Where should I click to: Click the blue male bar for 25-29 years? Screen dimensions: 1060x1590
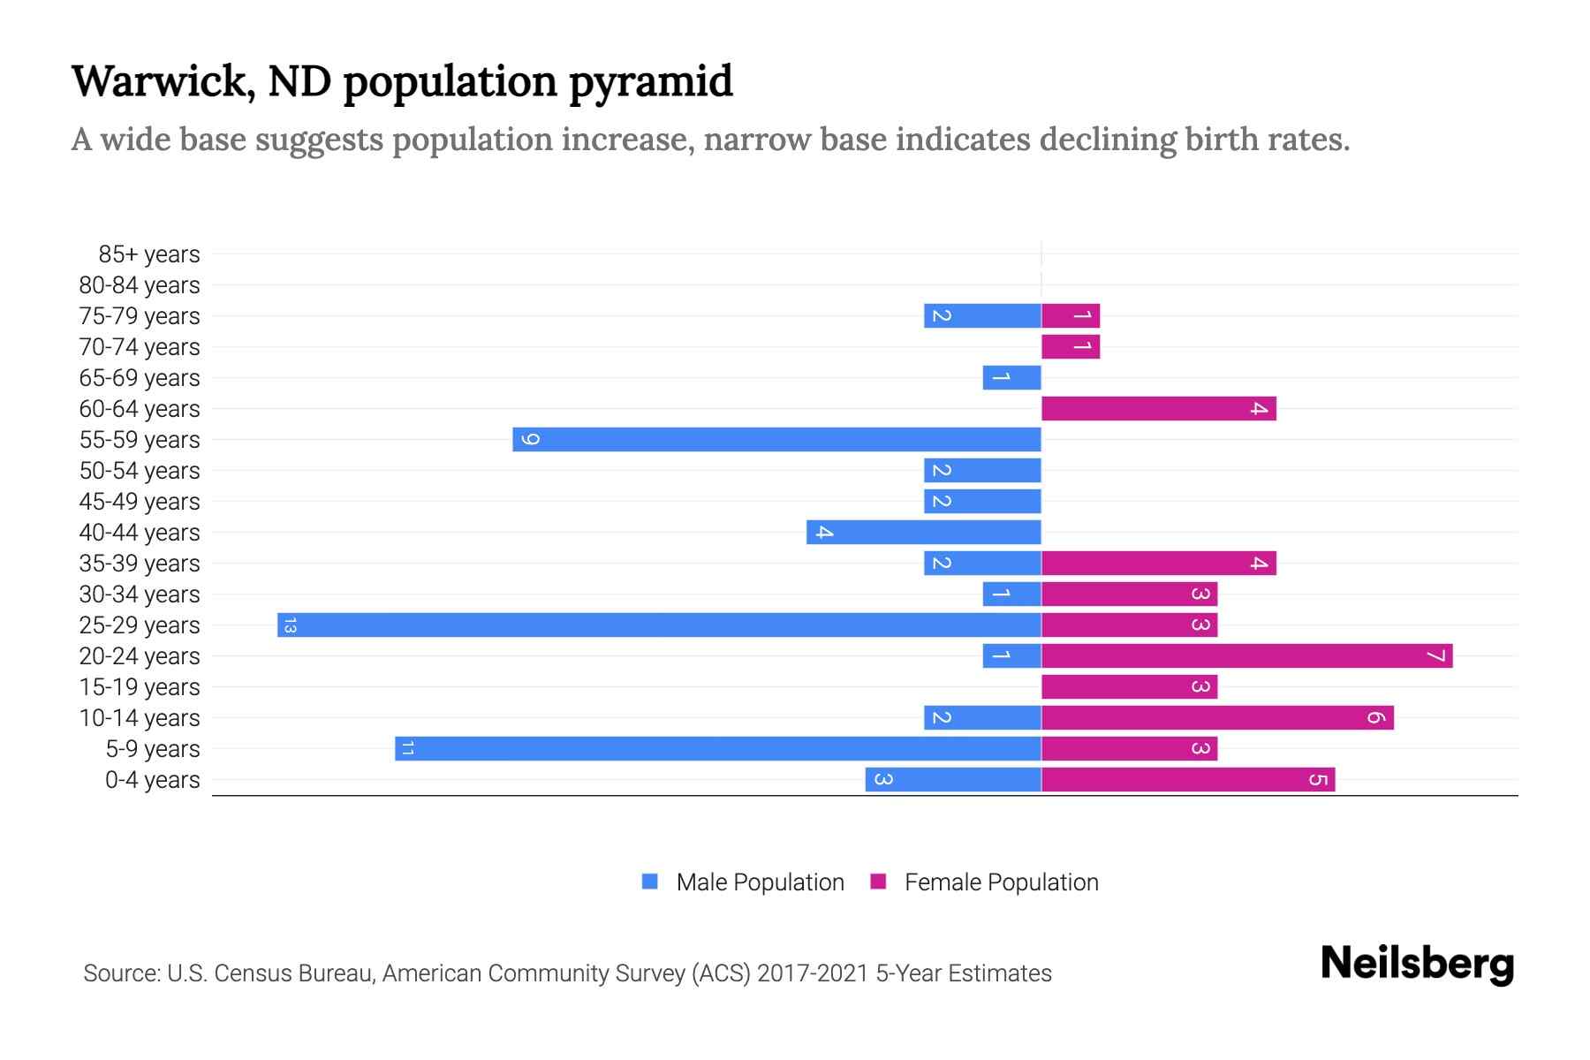coord(659,625)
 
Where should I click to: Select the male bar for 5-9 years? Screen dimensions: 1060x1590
coord(717,749)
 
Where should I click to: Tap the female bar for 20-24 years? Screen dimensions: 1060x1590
coord(1246,656)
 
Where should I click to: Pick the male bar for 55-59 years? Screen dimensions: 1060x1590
coord(776,440)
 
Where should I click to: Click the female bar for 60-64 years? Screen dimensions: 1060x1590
coord(1158,409)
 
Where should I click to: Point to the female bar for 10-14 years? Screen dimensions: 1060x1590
coord(1217,718)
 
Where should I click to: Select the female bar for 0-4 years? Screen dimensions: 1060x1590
coord(1188,780)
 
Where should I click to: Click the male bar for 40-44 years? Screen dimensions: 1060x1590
coord(923,533)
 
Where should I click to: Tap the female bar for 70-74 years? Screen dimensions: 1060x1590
coord(1071,347)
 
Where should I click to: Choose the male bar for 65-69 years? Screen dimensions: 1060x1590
coord(1011,378)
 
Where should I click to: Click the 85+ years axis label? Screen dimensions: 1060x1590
coord(148,254)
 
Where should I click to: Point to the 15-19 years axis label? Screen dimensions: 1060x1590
coord(140,687)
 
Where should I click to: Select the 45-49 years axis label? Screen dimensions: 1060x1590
coord(140,502)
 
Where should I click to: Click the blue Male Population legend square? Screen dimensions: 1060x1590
coord(650,882)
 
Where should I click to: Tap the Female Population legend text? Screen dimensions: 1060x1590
coord(1001,882)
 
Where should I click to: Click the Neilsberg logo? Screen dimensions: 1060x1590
coord(1417,964)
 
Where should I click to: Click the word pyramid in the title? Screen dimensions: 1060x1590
coord(650,82)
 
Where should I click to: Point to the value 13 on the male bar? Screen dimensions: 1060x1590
coord(290,625)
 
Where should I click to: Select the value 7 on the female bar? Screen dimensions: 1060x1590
coord(1435,656)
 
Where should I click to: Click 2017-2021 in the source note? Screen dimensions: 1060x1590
coord(813,973)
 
